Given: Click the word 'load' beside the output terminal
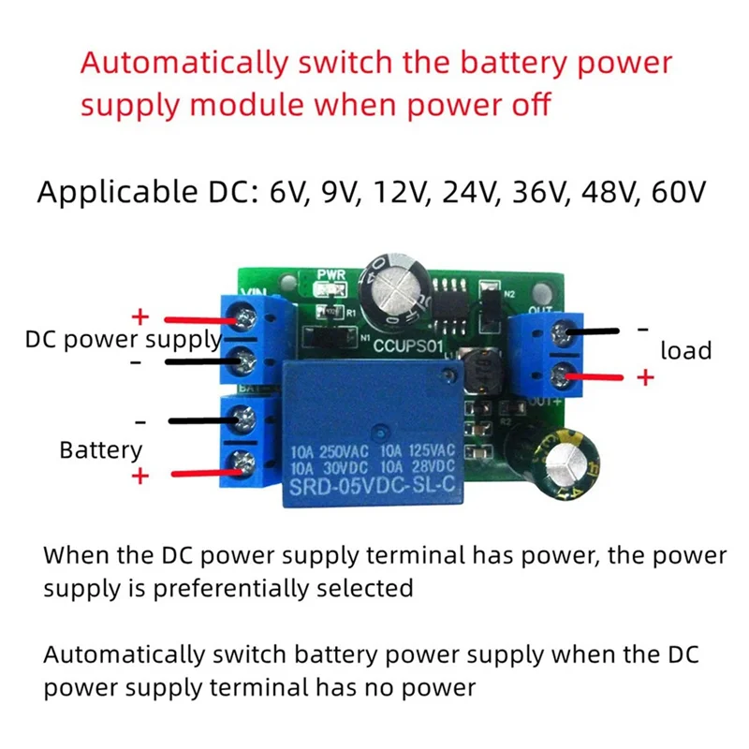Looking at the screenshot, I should coord(686,351).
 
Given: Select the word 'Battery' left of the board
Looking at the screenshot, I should coord(100,449).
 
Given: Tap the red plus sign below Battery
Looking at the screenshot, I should coord(140,476).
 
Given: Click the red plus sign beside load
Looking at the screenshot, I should coord(644,377).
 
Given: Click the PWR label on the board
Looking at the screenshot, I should coord(330,275).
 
